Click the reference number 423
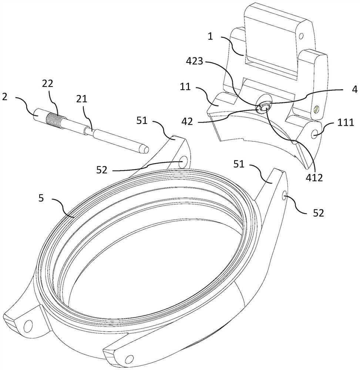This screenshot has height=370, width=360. [194, 61]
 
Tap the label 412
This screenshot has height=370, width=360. [313, 178]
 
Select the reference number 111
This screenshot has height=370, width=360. [345, 122]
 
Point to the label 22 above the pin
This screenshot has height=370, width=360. [47, 84]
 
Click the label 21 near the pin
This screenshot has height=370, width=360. [82, 99]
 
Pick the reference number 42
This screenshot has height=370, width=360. [187, 121]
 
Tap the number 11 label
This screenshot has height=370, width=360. [185, 87]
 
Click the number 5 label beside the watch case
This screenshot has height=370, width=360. [41, 198]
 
